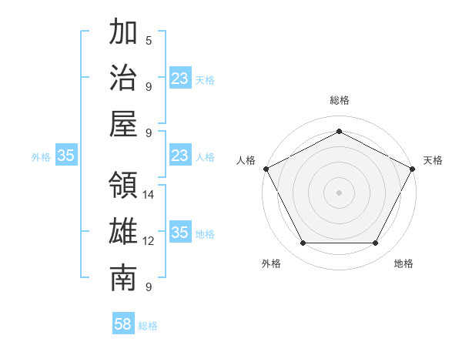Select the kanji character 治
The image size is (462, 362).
click(x=124, y=78)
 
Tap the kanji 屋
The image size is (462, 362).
click(x=124, y=123)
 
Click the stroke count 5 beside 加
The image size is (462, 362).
click(x=149, y=40)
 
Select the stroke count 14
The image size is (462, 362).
click(x=149, y=195)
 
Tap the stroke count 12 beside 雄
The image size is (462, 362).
click(x=149, y=241)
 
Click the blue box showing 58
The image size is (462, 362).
click(x=123, y=324)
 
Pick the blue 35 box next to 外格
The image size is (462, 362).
click(x=66, y=156)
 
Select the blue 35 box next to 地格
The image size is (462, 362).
click(x=180, y=233)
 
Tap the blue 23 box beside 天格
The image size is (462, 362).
click(x=180, y=79)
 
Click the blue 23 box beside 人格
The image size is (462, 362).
click(x=180, y=156)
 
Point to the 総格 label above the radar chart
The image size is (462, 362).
click(x=340, y=100)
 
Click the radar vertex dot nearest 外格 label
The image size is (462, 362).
click(x=303, y=243)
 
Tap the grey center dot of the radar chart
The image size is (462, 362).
click(x=340, y=192)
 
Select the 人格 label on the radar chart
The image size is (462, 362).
click(x=246, y=160)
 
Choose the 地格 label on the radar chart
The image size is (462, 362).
click(x=403, y=263)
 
